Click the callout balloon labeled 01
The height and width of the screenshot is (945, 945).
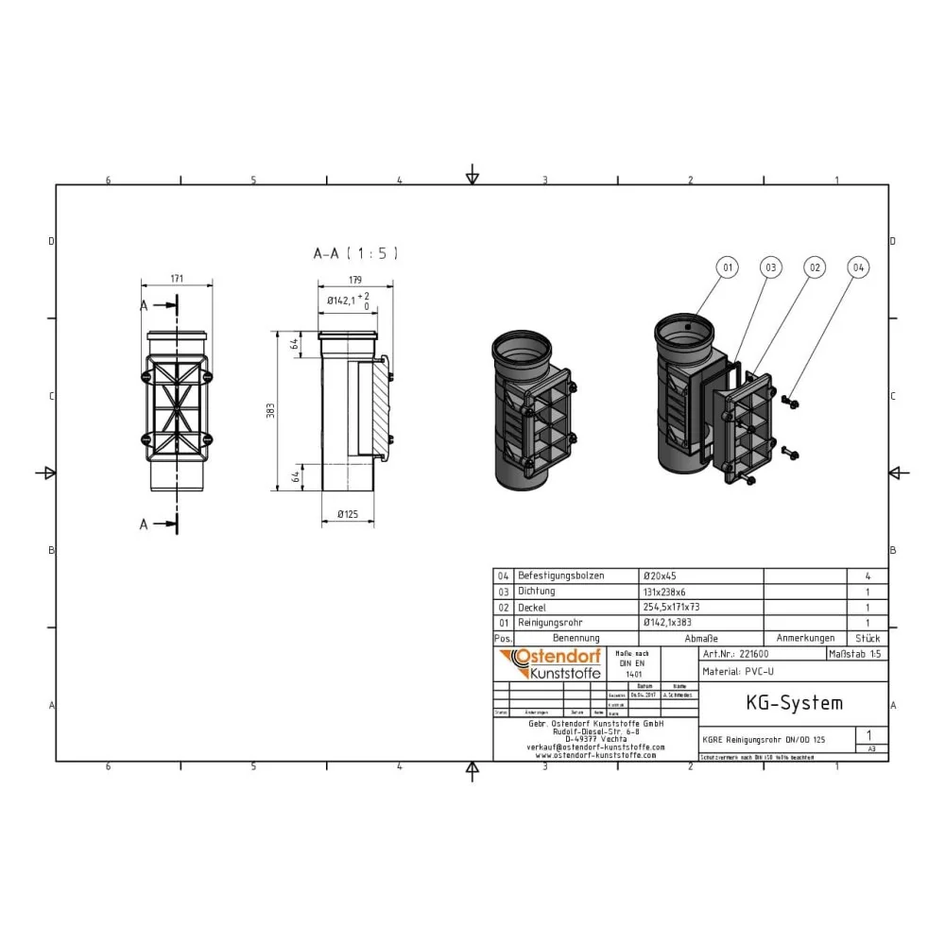tap(728, 268)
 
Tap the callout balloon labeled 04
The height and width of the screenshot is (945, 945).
tap(857, 268)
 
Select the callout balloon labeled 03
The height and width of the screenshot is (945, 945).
tap(771, 268)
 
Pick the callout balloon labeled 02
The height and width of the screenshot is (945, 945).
tap(814, 268)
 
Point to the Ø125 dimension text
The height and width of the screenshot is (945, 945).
tap(350, 514)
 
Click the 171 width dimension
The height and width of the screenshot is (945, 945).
tap(177, 279)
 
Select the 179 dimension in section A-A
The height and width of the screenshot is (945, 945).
tap(354, 279)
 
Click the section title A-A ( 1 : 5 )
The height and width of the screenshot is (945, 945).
tap(356, 253)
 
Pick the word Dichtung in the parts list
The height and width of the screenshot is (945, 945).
tap(536, 592)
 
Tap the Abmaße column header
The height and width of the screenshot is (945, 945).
tap(698, 639)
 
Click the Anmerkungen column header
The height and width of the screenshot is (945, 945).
tap(804, 639)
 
